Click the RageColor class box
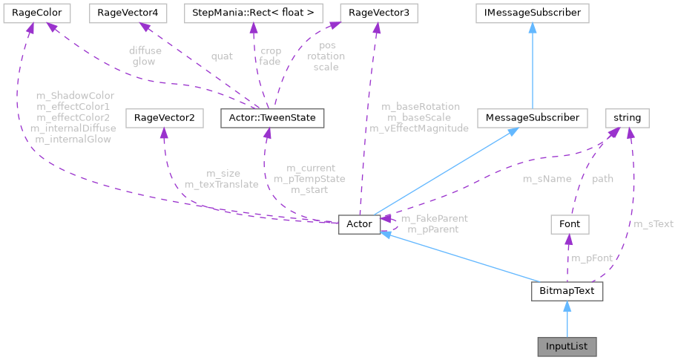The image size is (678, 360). click(36, 13)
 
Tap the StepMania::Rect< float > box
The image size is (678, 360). click(253, 13)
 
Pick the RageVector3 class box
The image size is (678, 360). click(377, 13)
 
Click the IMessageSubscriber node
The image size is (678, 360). click(533, 13)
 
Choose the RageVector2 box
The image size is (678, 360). click(163, 117)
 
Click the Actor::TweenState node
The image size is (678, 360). click(272, 117)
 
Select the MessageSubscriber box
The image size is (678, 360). click(532, 117)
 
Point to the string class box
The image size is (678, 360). click(627, 117)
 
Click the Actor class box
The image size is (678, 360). click(360, 224)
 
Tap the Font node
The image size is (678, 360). click(568, 224)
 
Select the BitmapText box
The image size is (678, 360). click(567, 291)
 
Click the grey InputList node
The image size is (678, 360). click(567, 346)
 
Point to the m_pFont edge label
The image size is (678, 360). click(591, 258)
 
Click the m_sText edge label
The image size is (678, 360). click(653, 223)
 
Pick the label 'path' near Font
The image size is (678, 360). click(602, 179)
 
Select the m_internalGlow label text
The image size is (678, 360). click(71, 139)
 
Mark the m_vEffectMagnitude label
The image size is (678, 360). click(419, 128)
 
